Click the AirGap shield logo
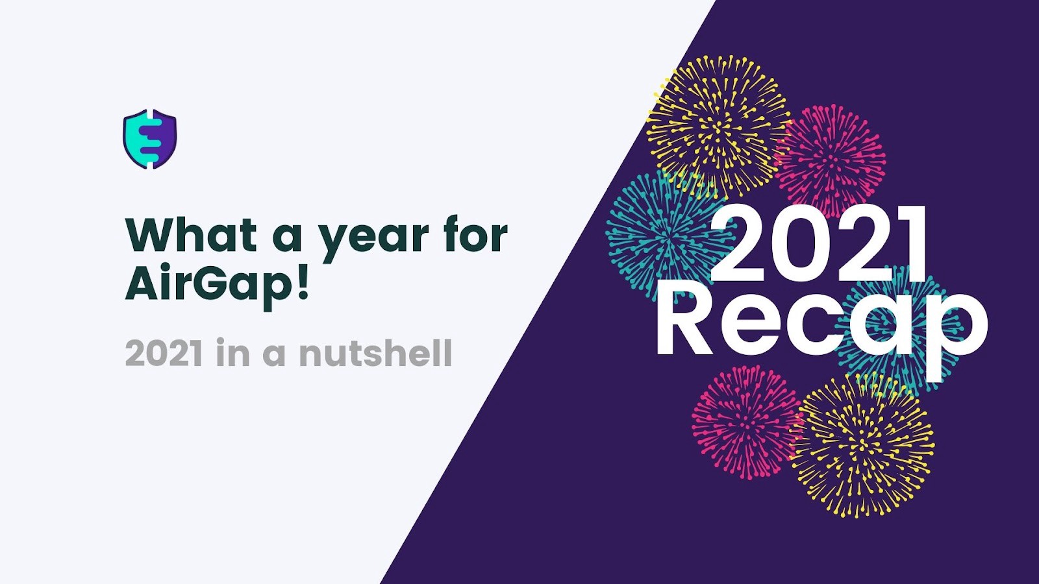pyautogui.click(x=150, y=139)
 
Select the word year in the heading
pyautogui.click(x=376, y=240)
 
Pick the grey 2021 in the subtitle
pyautogui.click(x=164, y=353)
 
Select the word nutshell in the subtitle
pyautogui.click(x=376, y=353)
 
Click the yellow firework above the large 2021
pyautogui.click(x=718, y=126)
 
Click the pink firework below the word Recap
pyautogui.click(x=747, y=422)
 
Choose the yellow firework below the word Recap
pyautogui.click(x=862, y=445)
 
